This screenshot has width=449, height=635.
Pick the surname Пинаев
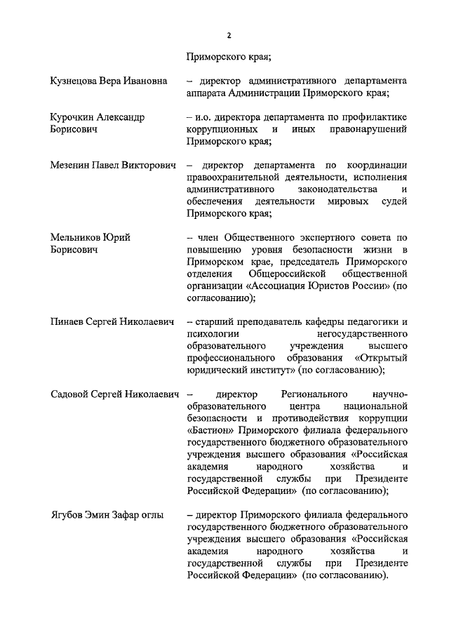point(68,321)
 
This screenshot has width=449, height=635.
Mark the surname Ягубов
point(69,516)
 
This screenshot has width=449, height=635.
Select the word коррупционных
point(222,130)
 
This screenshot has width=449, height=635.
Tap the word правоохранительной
point(233,178)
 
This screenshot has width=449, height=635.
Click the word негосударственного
point(362,334)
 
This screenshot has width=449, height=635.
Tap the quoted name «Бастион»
point(212,431)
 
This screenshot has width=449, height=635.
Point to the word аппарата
point(208,93)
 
